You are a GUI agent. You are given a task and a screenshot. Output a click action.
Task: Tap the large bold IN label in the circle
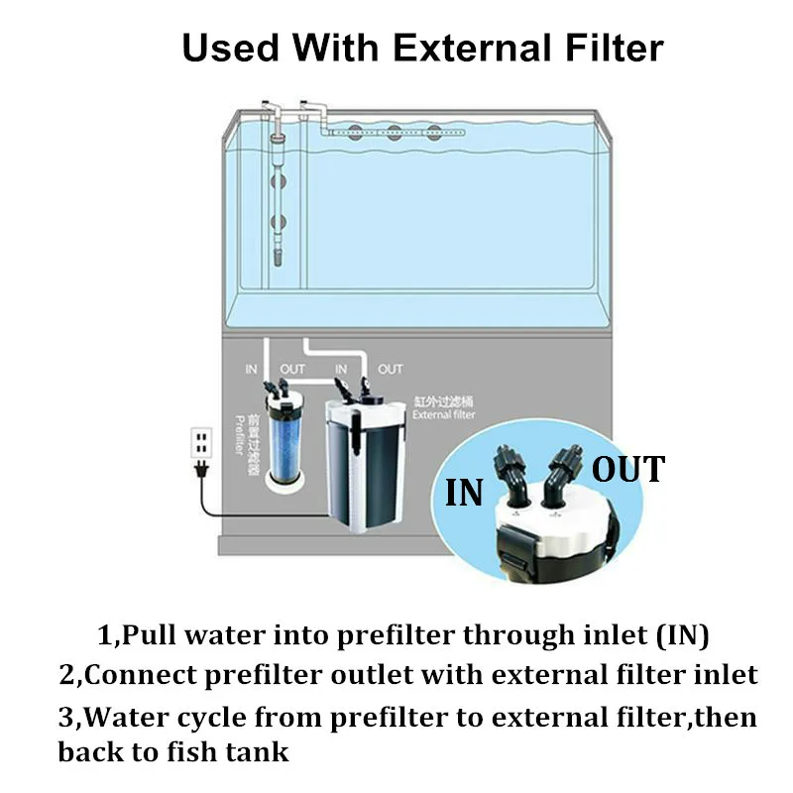click(463, 492)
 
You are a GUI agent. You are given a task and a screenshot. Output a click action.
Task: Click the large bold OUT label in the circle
click(628, 468)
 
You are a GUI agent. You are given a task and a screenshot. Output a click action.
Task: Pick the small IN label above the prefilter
click(251, 369)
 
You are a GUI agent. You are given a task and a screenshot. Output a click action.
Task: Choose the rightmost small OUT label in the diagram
click(391, 369)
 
